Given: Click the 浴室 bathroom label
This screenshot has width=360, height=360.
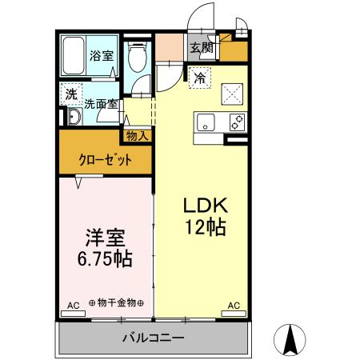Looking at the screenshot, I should (x=101, y=56).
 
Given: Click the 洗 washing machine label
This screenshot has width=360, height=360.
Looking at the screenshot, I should (x=71, y=94).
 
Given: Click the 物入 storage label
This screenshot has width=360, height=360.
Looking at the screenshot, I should (x=137, y=135).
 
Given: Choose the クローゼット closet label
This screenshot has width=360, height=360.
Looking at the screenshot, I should (x=105, y=159).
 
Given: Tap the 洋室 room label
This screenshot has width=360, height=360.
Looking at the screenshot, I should (x=105, y=238).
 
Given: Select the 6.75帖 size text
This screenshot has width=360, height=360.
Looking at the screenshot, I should (x=105, y=260).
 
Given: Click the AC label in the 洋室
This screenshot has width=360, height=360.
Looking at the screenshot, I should (x=73, y=306).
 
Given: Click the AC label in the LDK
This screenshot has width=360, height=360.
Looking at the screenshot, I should (x=234, y=306).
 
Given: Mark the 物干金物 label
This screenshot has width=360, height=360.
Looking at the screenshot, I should (x=116, y=303).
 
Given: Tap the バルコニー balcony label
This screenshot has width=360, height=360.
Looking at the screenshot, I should (x=153, y=338).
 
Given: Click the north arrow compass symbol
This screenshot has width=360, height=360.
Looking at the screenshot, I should (x=292, y=339).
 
